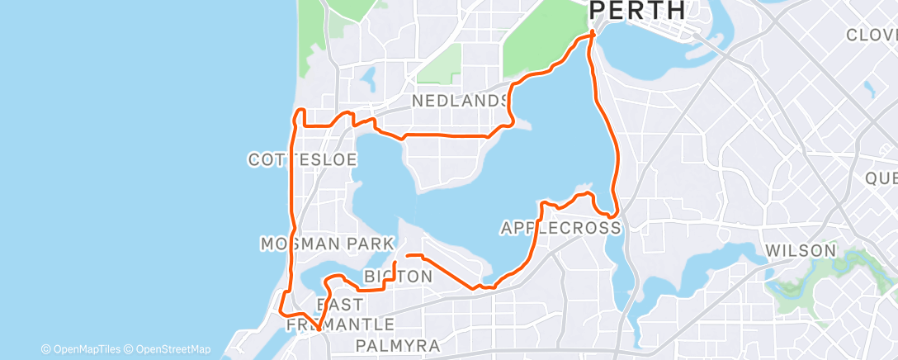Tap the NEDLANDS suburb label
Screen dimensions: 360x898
coord(460,101)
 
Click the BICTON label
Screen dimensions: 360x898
coord(398,277)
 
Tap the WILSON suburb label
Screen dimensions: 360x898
coord(800,250)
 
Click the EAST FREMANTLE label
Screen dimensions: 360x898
coord(340,314)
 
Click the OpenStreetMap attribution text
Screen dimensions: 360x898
coord(168,349)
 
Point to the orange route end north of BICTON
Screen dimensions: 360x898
coord(409,257)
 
